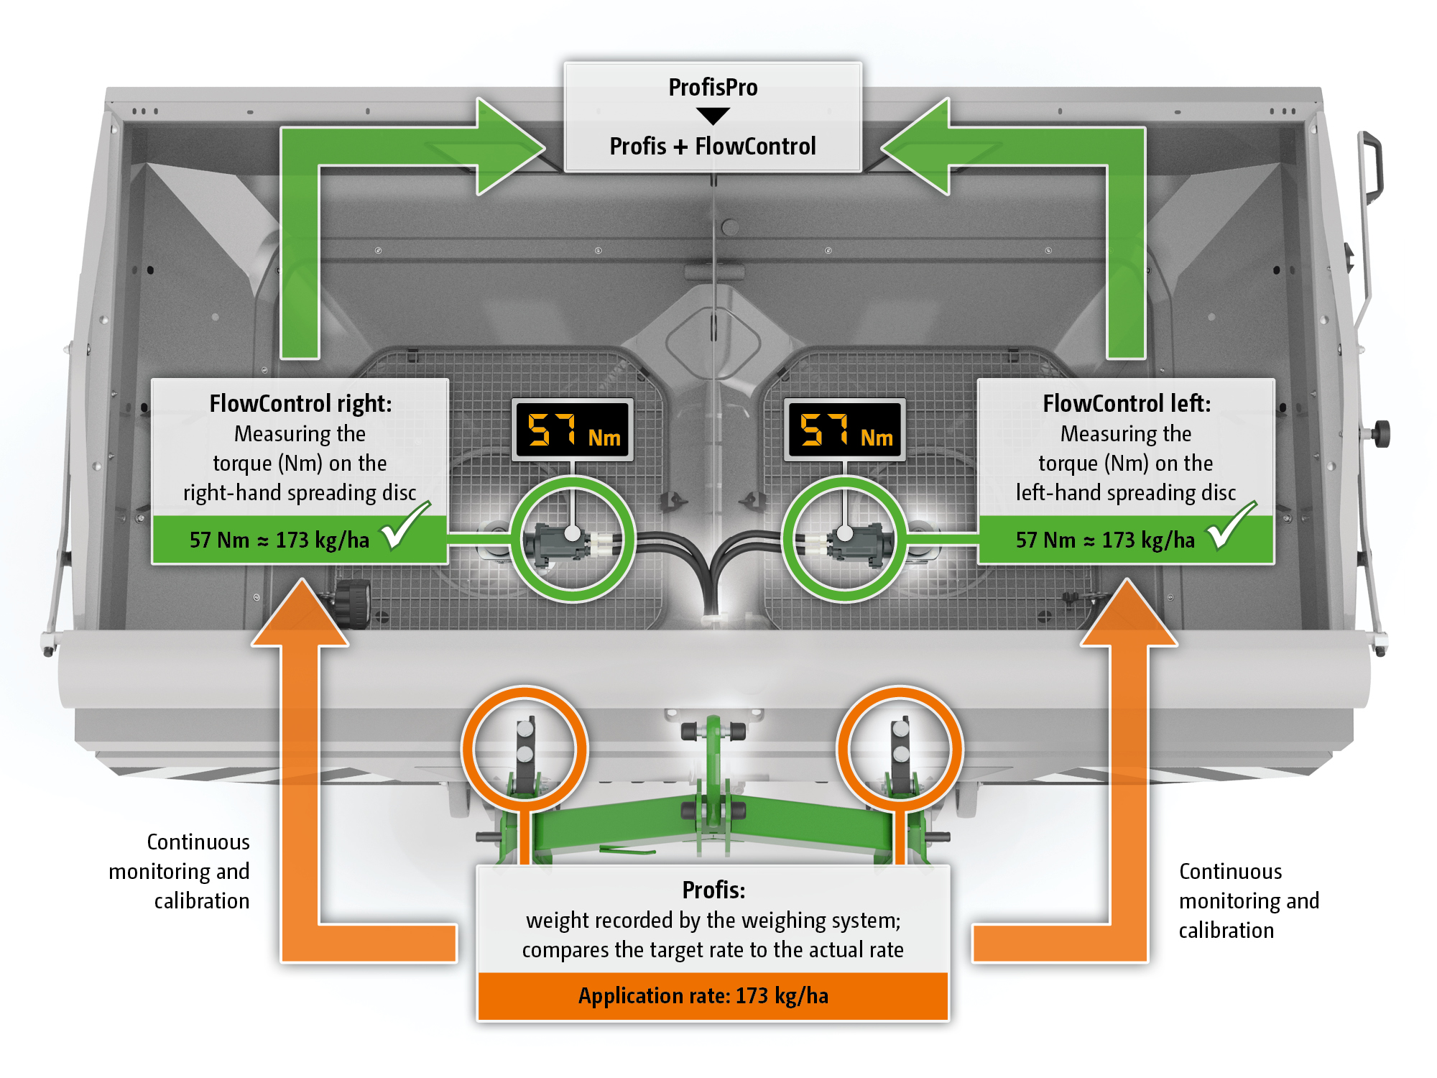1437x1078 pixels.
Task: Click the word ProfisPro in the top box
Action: (x=713, y=88)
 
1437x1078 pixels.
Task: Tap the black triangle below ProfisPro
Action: (x=713, y=116)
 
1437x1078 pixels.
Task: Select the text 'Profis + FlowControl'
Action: (x=713, y=147)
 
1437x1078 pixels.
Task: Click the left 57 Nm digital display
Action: (x=573, y=430)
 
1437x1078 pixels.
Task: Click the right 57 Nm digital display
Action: (x=845, y=430)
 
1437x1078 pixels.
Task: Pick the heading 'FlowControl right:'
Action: (x=300, y=404)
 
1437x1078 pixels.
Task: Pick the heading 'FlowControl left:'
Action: (x=1126, y=404)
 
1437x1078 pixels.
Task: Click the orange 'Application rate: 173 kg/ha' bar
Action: (x=713, y=996)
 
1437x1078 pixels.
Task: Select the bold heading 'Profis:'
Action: (x=713, y=890)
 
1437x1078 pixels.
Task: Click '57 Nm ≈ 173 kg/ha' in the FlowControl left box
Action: (x=1105, y=540)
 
